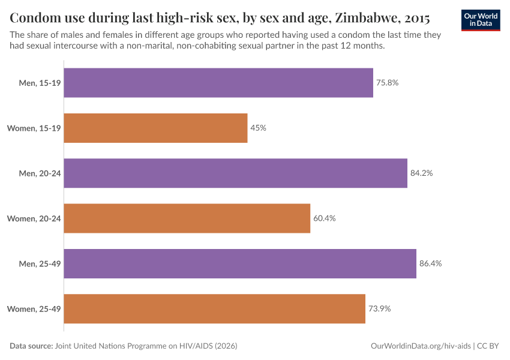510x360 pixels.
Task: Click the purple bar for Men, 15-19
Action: click(x=218, y=83)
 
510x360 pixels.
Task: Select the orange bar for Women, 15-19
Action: click(x=155, y=128)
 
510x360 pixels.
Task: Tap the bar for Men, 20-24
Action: click(x=235, y=173)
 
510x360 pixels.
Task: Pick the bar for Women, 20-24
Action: click(x=187, y=218)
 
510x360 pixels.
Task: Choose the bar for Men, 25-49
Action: click(x=240, y=263)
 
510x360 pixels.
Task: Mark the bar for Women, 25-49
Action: click(x=214, y=308)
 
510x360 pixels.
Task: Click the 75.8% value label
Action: click(x=388, y=83)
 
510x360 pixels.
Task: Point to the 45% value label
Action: click(x=259, y=128)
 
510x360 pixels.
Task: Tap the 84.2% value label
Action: click(x=422, y=173)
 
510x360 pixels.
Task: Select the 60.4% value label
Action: click(x=324, y=218)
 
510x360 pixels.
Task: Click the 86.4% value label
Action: click(x=430, y=263)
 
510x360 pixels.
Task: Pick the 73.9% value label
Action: click(x=379, y=308)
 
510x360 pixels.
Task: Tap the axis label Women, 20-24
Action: click(x=34, y=218)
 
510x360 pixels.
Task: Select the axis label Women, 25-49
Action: click(x=34, y=308)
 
